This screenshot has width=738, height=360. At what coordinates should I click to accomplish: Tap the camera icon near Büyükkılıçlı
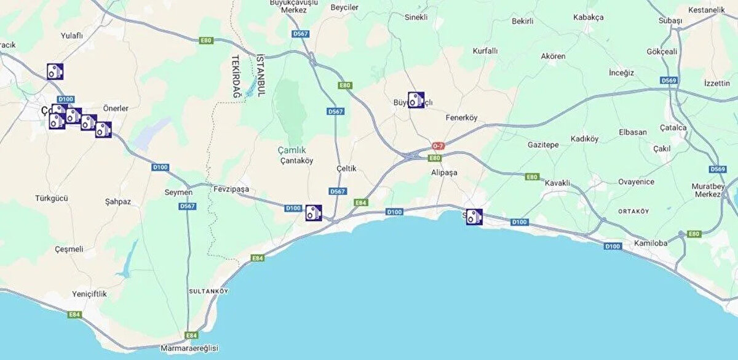tap(416, 100)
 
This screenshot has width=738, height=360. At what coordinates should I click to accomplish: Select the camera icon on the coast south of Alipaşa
tap(474, 217)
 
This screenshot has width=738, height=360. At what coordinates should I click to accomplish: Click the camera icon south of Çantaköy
tap(314, 213)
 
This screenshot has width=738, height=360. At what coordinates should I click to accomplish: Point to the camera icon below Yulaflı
tap(55, 71)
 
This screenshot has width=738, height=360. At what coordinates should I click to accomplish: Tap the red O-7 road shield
tap(438, 146)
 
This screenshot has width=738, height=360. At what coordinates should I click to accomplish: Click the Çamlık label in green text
tap(292, 150)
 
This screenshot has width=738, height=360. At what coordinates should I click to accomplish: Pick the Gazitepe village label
tap(543, 145)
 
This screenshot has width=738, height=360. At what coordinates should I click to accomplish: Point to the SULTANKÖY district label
tap(208, 289)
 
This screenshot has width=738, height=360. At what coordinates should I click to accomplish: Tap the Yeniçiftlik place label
tap(89, 294)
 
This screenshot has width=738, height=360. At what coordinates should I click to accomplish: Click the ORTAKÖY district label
tap(633, 211)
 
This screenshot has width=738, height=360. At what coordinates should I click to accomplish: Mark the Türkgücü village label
tap(51, 198)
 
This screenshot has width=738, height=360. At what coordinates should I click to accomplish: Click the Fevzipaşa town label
tap(231, 189)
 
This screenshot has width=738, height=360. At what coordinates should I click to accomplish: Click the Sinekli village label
tap(416, 17)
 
